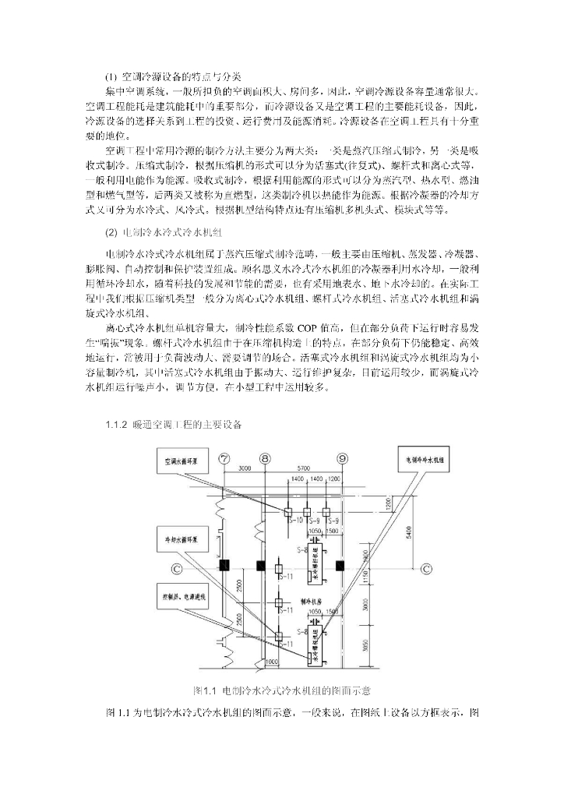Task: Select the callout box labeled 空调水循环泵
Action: (x=181, y=461)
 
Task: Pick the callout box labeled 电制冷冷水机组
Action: (x=425, y=460)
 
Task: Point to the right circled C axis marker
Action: (x=426, y=569)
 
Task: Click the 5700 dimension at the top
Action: (x=303, y=469)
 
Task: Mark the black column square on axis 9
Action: (x=340, y=564)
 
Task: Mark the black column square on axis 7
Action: (x=224, y=564)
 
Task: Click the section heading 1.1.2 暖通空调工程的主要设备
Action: (x=173, y=425)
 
